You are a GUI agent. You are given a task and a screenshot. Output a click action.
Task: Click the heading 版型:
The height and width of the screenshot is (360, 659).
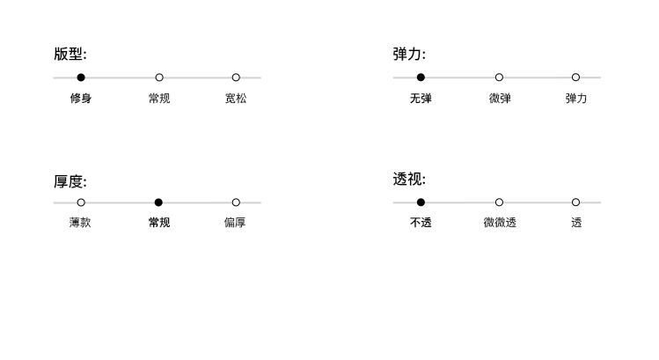(x=70, y=55)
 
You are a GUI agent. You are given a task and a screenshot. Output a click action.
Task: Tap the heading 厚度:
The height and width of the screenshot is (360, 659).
(x=70, y=181)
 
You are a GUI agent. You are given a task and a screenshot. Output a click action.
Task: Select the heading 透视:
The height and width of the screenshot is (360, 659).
(x=409, y=180)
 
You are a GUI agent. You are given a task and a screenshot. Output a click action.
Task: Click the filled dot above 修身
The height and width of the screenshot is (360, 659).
(x=81, y=77)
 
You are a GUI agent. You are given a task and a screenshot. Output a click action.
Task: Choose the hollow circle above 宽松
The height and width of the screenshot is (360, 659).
(x=236, y=77)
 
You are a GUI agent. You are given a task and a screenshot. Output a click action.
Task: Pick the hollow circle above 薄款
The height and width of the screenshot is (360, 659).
(x=81, y=202)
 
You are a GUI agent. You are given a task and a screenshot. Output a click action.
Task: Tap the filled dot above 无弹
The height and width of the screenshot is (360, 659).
(x=421, y=77)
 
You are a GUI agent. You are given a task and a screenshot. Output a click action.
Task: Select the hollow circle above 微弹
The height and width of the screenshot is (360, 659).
(x=499, y=77)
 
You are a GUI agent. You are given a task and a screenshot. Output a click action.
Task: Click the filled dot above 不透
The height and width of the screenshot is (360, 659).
(x=421, y=202)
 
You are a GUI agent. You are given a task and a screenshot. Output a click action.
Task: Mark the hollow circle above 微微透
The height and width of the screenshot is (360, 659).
(x=499, y=202)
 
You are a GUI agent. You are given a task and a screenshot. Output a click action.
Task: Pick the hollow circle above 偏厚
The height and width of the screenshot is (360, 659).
(x=236, y=202)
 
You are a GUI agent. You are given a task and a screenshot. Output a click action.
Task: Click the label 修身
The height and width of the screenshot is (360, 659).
(x=81, y=98)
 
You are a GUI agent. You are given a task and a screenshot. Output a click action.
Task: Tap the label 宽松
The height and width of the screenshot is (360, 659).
(x=236, y=98)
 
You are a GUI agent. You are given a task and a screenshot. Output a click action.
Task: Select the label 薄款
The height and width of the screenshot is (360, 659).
(x=80, y=223)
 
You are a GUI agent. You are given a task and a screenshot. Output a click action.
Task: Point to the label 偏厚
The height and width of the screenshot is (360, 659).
(x=235, y=223)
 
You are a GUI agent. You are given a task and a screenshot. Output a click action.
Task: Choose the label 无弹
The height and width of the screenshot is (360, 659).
(x=421, y=98)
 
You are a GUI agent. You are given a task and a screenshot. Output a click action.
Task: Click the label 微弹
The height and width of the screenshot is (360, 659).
(x=500, y=98)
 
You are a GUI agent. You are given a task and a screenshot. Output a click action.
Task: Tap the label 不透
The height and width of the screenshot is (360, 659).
(x=421, y=223)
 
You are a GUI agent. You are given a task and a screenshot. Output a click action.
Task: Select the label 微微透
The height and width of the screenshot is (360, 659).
(x=500, y=223)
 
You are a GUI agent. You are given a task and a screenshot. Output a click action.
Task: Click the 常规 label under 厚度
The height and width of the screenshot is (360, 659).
(x=159, y=223)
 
